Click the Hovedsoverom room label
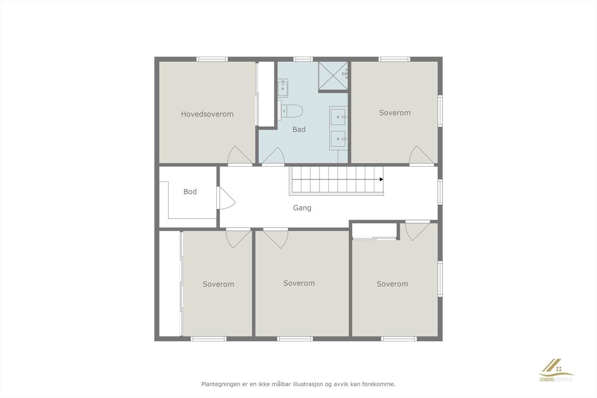[207, 114]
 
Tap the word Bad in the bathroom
[299, 129]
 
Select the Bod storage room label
[190, 192]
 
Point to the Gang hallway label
[302, 208]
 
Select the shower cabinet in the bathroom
[333, 76]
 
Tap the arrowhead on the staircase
[381, 179]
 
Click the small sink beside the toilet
[283, 88]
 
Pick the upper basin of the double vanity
[338, 117]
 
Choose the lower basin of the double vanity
[338, 139]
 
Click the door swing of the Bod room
[226, 198]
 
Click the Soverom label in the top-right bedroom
[395, 113]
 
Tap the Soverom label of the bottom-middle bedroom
[299, 283]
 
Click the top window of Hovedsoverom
[212, 59]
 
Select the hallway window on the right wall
[440, 192]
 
